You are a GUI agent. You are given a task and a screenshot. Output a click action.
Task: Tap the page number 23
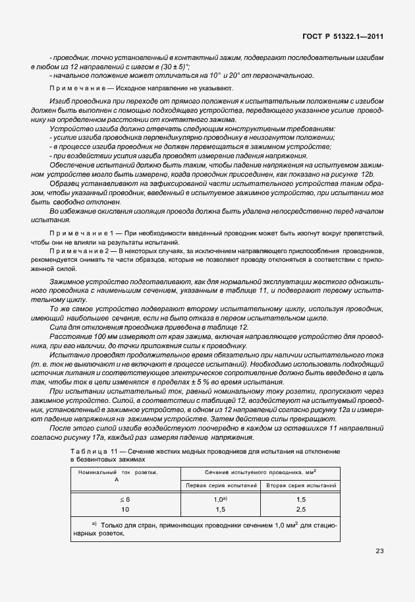(x=379, y=551)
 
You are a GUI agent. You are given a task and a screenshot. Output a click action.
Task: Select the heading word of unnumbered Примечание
(x=76, y=88)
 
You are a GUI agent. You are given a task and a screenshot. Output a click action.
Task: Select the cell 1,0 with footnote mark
(x=220, y=499)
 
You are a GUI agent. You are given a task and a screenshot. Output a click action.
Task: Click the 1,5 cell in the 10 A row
(x=220, y=509)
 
